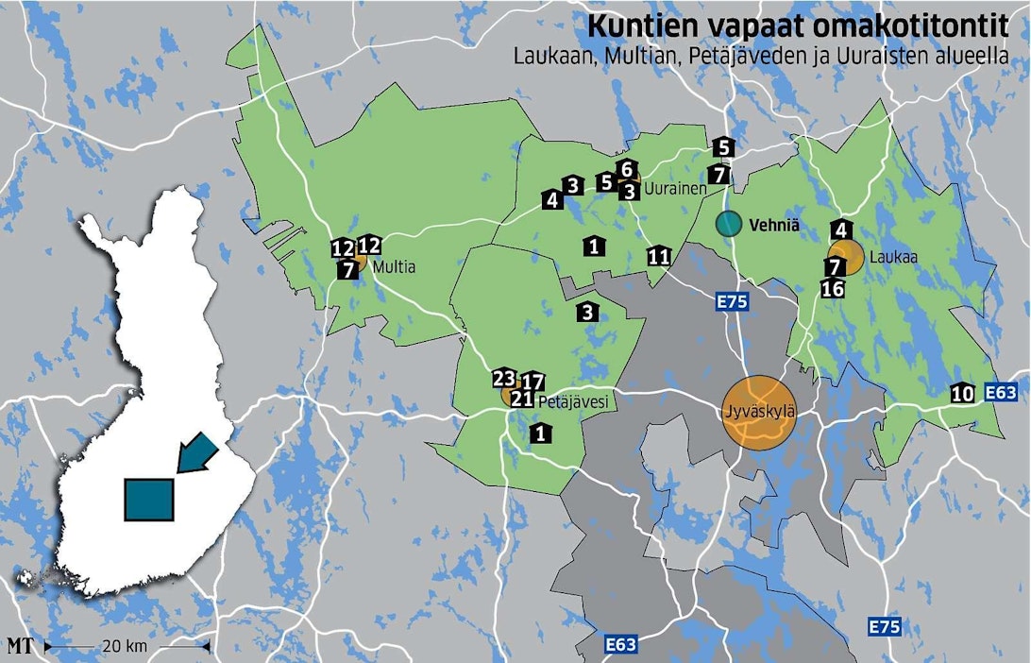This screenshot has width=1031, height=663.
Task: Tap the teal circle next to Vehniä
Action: (728, 224)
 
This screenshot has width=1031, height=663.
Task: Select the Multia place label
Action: (394, 268)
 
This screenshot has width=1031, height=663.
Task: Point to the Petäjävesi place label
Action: (573, 402)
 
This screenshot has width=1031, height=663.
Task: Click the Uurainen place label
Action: (676, 190)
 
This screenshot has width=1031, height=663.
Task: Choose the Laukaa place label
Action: (885, 256)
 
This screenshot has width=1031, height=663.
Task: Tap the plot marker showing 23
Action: (503, 379)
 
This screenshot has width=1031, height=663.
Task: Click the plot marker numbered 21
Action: (522, 399)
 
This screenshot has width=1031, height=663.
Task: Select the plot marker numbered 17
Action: (533, 382)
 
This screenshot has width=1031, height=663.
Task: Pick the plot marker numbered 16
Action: (833, 289)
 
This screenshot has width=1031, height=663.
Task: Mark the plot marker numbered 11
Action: (659, 256)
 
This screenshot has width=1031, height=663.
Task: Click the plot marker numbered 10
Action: (962, 394)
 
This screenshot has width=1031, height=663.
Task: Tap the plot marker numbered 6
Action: (625, 169)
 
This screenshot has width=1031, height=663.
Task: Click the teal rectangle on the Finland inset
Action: (149, 500)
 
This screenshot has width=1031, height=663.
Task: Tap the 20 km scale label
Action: (126, 647)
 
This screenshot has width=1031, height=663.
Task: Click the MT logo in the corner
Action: (19, 647)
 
